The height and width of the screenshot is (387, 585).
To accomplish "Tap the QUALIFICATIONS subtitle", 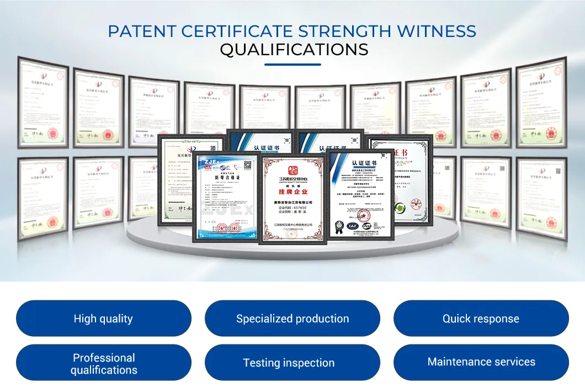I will click(x=294, y=50).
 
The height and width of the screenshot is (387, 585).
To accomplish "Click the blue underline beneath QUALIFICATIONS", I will click(x=292, y=65).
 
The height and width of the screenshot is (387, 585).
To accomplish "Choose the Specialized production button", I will click(x=292, y=319).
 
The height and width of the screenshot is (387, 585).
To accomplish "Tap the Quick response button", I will click(x=481, y=319).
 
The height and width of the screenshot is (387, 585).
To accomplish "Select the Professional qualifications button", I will click(x=104, y=363).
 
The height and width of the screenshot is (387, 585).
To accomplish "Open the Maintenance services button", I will click(x=481, y=362).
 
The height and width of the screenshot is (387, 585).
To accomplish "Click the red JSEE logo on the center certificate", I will click(x=292, y=168).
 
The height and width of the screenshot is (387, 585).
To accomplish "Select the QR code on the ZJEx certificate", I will click(x=247, y=165).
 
